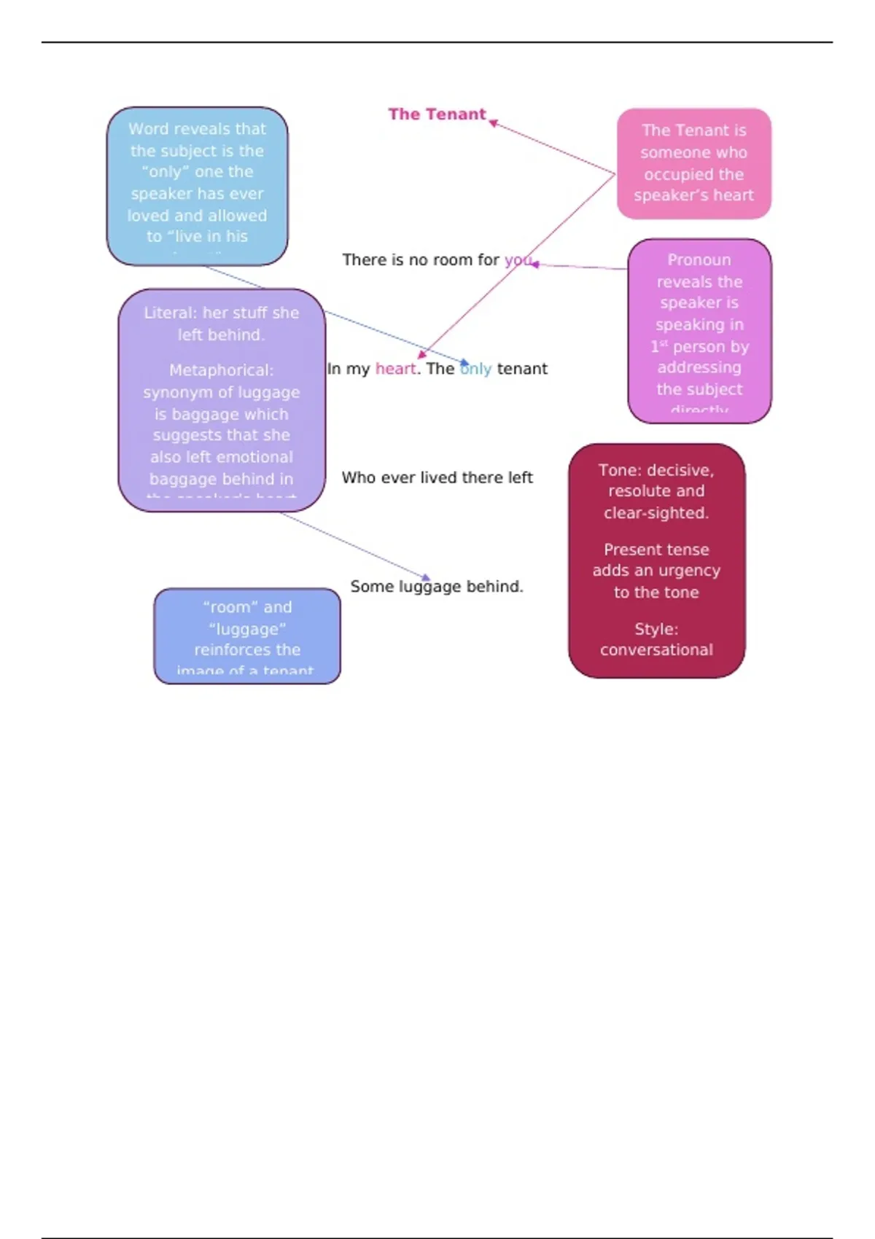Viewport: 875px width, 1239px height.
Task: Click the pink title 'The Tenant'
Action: coord(436,114)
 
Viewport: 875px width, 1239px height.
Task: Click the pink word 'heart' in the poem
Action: coord(395,369)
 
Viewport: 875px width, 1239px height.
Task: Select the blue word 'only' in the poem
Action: coord(476,369)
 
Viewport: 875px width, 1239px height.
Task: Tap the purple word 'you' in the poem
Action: coord(518,259)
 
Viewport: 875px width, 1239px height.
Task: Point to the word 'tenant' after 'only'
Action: coord(522,369)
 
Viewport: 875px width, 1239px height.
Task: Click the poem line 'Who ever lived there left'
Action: coord(437,477)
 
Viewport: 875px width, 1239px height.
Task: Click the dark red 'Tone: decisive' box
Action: coord(656,560)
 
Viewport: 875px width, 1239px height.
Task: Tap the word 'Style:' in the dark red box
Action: coord(656,628)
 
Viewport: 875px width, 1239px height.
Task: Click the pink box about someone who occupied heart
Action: coord(693,163)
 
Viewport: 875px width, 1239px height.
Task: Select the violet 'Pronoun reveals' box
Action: coord(699,331)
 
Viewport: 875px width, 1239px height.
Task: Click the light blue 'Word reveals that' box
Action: coord(197,186)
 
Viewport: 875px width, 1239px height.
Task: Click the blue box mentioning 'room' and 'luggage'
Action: coord(246,636)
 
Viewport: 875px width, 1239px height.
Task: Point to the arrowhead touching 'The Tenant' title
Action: coord(494,123)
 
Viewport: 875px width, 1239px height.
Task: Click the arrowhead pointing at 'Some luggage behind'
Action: coord(427,578)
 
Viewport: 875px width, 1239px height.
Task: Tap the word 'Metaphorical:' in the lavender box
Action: coord(221,370)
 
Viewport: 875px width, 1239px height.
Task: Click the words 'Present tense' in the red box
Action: coord(656,550)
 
